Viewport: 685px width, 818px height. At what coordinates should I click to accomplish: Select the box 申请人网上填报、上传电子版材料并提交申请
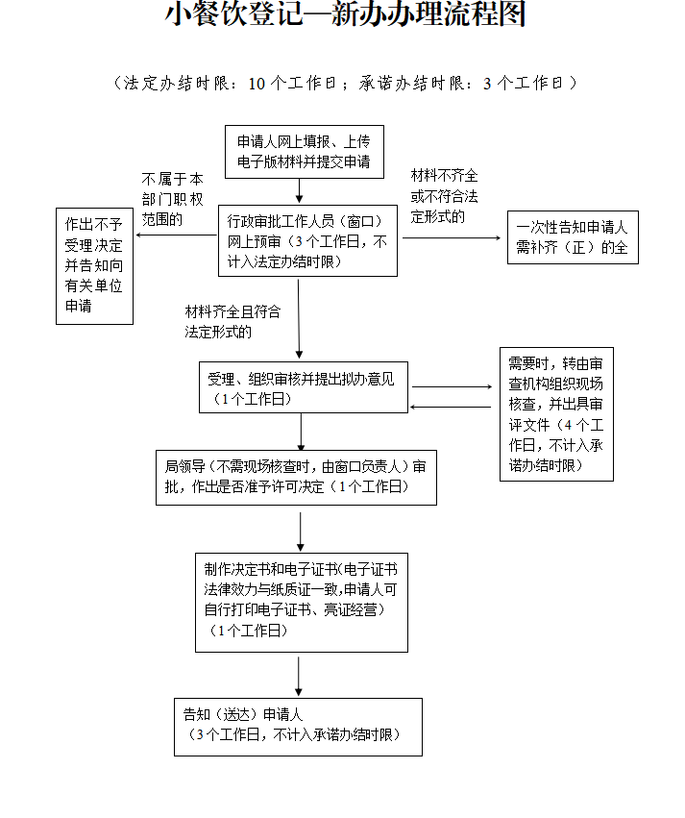click(304, 152)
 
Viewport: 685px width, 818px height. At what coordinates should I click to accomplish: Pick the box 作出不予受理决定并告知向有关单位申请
click(94, 264)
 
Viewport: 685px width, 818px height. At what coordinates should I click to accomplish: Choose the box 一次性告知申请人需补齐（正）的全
click(573, 237)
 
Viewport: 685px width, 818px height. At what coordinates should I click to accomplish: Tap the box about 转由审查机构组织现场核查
click(556, 414)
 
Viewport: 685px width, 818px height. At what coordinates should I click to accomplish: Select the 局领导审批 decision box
click(296, 477)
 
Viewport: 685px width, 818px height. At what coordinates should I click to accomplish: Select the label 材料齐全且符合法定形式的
click(232, 322)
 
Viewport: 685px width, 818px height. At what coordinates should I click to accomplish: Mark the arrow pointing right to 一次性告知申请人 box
click(452, 237)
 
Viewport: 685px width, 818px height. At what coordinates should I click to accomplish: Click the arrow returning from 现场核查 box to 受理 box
click(452, 407)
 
